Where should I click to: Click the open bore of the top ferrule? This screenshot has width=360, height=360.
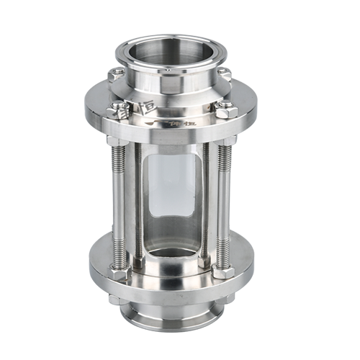[174, 55]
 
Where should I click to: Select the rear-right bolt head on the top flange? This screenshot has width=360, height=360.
[223, 73]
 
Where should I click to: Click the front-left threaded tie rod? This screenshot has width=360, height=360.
[120, 205]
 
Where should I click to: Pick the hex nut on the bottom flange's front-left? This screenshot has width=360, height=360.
[120, 274]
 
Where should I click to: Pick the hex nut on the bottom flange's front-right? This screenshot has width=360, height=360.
[222, 273]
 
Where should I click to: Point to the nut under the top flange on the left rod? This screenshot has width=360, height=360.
[121, 142]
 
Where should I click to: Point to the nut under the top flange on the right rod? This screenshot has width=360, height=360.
[223, 142]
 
